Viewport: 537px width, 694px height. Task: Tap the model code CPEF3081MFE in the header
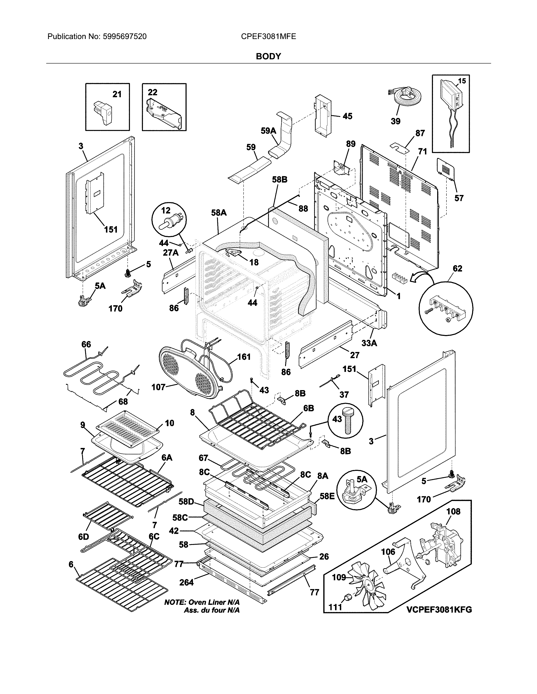[x=268, y=37]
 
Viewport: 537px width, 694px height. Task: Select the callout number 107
[x=158, y=387]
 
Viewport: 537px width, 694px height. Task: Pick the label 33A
[x=369, y=343]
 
